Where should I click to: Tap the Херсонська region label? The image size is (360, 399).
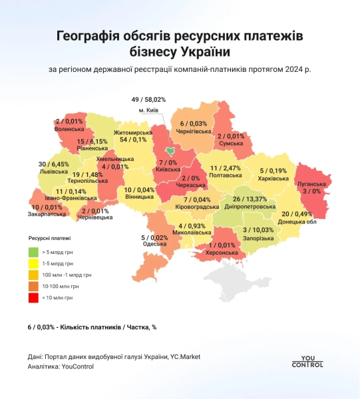[222, 252]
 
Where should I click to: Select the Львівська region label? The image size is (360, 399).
[53, 172]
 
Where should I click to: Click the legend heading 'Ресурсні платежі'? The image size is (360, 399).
[50, 237]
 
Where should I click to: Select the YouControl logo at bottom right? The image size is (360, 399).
[307, 359]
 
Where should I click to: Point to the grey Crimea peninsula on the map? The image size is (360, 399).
[232, 278]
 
